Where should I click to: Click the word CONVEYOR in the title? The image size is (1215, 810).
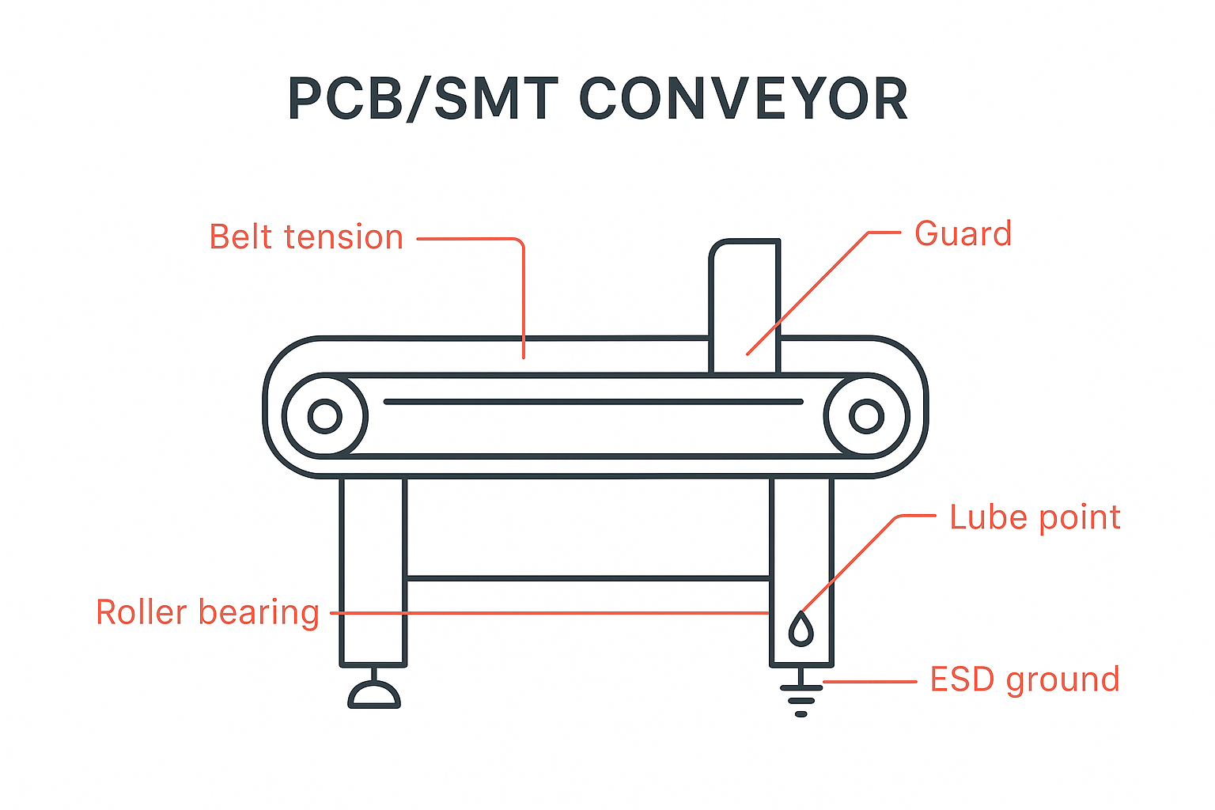[744, 100]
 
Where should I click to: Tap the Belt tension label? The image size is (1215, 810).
[306, 237]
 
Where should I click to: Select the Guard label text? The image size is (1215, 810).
[963, 234]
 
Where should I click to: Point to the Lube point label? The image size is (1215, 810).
[1035, 517]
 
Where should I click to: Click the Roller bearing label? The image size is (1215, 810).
[207, 612]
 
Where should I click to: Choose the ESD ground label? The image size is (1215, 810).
[1024, 679]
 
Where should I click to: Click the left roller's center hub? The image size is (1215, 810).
[324, 416]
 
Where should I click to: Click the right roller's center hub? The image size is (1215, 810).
[866, 416]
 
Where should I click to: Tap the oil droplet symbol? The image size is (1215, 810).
[801, 629]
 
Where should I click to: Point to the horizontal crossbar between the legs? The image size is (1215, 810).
[588, 579]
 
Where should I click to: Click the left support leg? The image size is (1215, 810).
[373, 570]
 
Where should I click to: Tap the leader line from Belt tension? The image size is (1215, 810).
[523, 301]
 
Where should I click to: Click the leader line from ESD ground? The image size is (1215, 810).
[870, 681]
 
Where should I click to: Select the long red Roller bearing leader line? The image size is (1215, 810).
[554, 613]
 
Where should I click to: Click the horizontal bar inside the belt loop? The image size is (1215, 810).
[593, 402]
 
